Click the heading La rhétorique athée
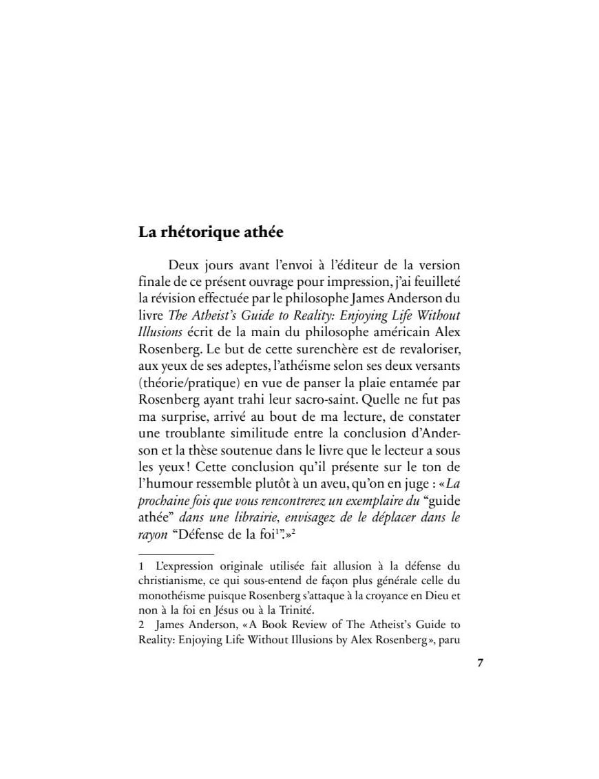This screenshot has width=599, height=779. (211, 232)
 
